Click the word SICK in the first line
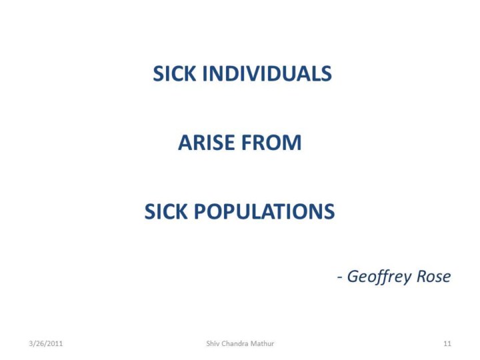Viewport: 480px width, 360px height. point(174,74)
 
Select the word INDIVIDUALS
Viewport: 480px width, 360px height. point(267,74)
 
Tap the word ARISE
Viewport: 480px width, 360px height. point(206,143)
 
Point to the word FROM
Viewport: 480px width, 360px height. point(271,143)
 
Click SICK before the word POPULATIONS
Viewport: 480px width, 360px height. point(165,211)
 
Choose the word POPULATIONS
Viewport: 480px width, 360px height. point(265,211)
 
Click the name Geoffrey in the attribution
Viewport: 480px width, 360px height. point(379,277)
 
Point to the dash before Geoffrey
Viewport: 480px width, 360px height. point(339,278)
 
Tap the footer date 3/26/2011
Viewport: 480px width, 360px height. point(46,343)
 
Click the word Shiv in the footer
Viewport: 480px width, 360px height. point(212,343)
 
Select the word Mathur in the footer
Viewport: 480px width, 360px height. point(263,343)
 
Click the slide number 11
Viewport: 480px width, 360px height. point(447,343)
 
